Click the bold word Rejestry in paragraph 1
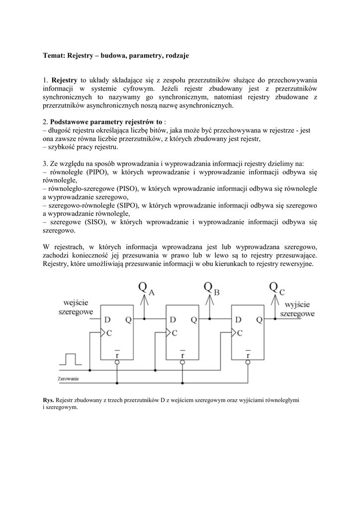64,80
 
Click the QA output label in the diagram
146,289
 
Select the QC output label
276,288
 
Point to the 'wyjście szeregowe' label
297,309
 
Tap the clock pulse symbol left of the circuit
70,359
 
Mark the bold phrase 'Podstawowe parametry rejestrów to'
106,122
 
